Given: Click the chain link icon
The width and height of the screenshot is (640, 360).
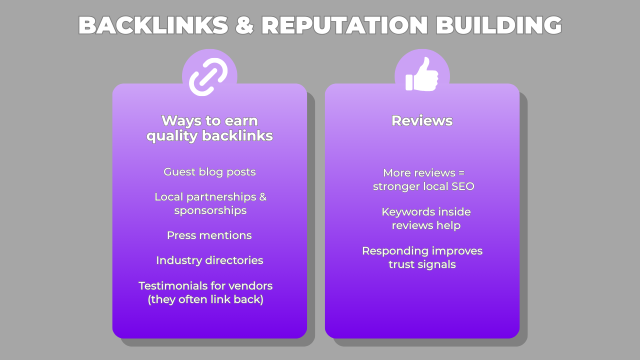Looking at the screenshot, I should tap(208, 76).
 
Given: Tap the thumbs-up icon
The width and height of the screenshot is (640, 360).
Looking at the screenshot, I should tap(421, 75).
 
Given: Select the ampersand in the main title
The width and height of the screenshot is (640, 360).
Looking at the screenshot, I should tap(244, 25).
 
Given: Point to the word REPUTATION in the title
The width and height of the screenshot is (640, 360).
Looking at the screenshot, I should tap(344, 25).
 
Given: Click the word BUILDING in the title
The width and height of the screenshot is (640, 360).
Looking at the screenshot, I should tap(498, 25).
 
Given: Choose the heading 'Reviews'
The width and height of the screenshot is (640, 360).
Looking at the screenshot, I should tap(422, 121).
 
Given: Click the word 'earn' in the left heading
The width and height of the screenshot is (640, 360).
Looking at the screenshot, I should tap(242, 121).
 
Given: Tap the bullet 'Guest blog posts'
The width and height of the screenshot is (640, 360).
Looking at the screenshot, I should tap(209, 172).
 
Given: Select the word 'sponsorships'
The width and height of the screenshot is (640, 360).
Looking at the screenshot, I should tap(210, 210).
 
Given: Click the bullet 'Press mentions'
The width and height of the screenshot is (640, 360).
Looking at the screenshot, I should tap(209, 235).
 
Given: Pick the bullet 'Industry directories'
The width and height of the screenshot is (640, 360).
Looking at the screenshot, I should tap(209, 260).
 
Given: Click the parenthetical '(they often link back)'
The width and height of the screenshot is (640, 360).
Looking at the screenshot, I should tap(205, 300).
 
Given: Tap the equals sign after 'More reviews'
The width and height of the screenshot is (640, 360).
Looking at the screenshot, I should tap(460, 173).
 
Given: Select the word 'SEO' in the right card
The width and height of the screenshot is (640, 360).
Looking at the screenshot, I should tap(463, 187).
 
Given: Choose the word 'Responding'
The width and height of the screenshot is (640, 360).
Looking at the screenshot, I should tap(395, 251).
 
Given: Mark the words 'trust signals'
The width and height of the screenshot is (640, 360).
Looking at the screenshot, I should tap(422, 264).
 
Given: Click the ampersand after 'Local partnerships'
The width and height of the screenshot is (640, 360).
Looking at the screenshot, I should tap(262, 197).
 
